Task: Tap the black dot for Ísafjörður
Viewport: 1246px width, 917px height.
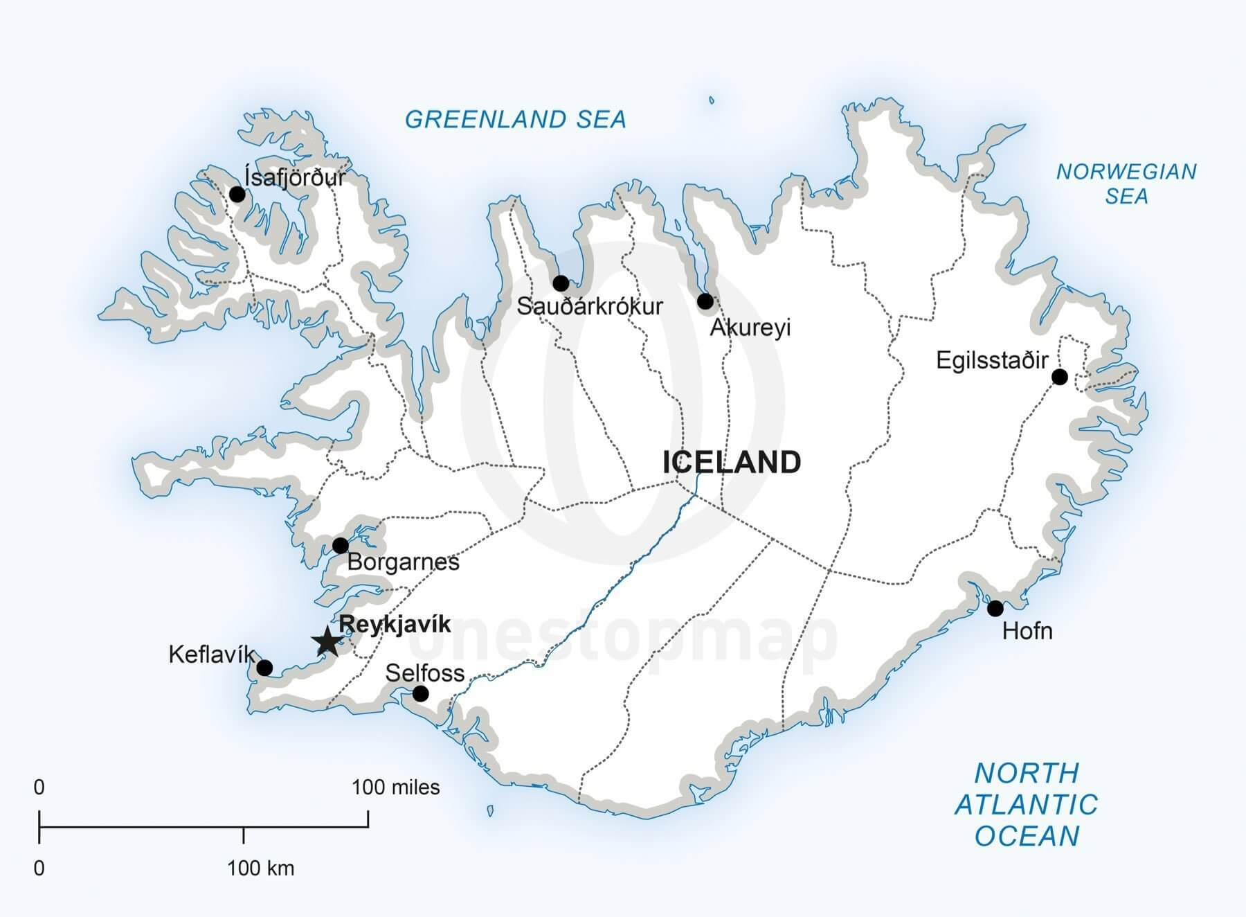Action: tap(237, 194)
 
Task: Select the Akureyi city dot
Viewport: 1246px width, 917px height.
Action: tap(705, 301)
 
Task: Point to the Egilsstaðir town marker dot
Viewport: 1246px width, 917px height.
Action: tap(1059, 377)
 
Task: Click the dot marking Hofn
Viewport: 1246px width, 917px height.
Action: tap(995, 608)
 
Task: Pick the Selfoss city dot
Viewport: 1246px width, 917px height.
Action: tap(420, 693)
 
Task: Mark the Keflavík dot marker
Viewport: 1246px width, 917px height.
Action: tap(264, 668)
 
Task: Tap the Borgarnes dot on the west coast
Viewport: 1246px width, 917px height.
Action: tap(340, 545)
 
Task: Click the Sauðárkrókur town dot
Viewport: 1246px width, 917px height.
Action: tap(561, 283)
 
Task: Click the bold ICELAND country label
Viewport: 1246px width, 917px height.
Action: tap(732, 462)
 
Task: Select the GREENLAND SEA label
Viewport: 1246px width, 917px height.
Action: tap(515, 119)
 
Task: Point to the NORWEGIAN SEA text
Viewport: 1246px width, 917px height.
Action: tap(1126, 184)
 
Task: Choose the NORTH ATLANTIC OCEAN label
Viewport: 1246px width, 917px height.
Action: tap(1026, 804)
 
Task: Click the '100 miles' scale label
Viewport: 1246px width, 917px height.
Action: tap(395, 787)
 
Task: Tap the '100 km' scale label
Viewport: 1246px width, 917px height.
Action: tap(260, 868)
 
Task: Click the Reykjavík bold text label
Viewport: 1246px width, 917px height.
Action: tap(395, 624)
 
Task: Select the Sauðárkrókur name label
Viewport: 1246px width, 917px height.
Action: tap(590, 306)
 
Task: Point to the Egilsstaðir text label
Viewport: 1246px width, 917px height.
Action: tap(991, 360)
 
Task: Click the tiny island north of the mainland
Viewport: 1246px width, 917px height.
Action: tap(712, 100)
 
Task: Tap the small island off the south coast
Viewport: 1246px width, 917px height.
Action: tap(490, 810)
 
